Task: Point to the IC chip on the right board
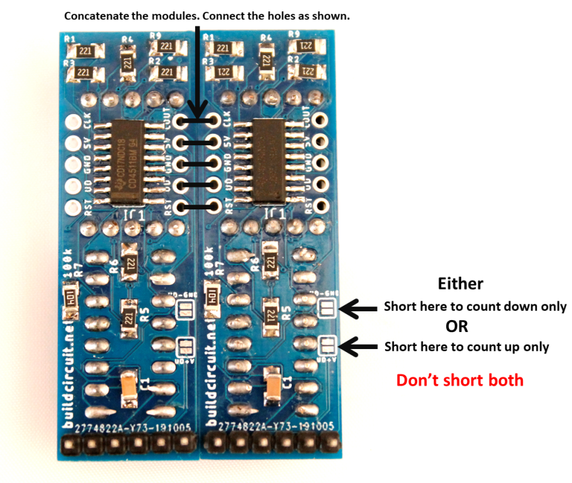(271, 162)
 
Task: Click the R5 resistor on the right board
(271, 312)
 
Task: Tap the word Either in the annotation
(461, 284)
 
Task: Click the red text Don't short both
(460, 380)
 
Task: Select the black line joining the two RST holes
(199, 206)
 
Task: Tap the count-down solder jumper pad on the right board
(327, 308)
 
